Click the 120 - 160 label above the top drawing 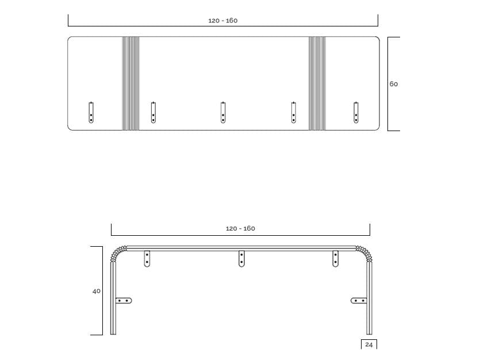[222, 21]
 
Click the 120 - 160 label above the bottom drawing [240, 228]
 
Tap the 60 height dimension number [394, 84]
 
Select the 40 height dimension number [96, 291]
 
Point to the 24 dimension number [368, 344]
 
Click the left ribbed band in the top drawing [130, 83]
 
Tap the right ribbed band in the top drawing [317, 83]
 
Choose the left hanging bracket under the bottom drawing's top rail [147, 259]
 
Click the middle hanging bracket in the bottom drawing [241, 259]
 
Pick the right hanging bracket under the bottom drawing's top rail [335, 259]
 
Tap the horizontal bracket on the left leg [124, 300]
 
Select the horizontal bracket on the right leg [359, 300]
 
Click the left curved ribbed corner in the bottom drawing [118, 252]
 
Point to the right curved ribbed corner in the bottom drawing [363, 252]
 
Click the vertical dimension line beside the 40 [103, 290]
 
